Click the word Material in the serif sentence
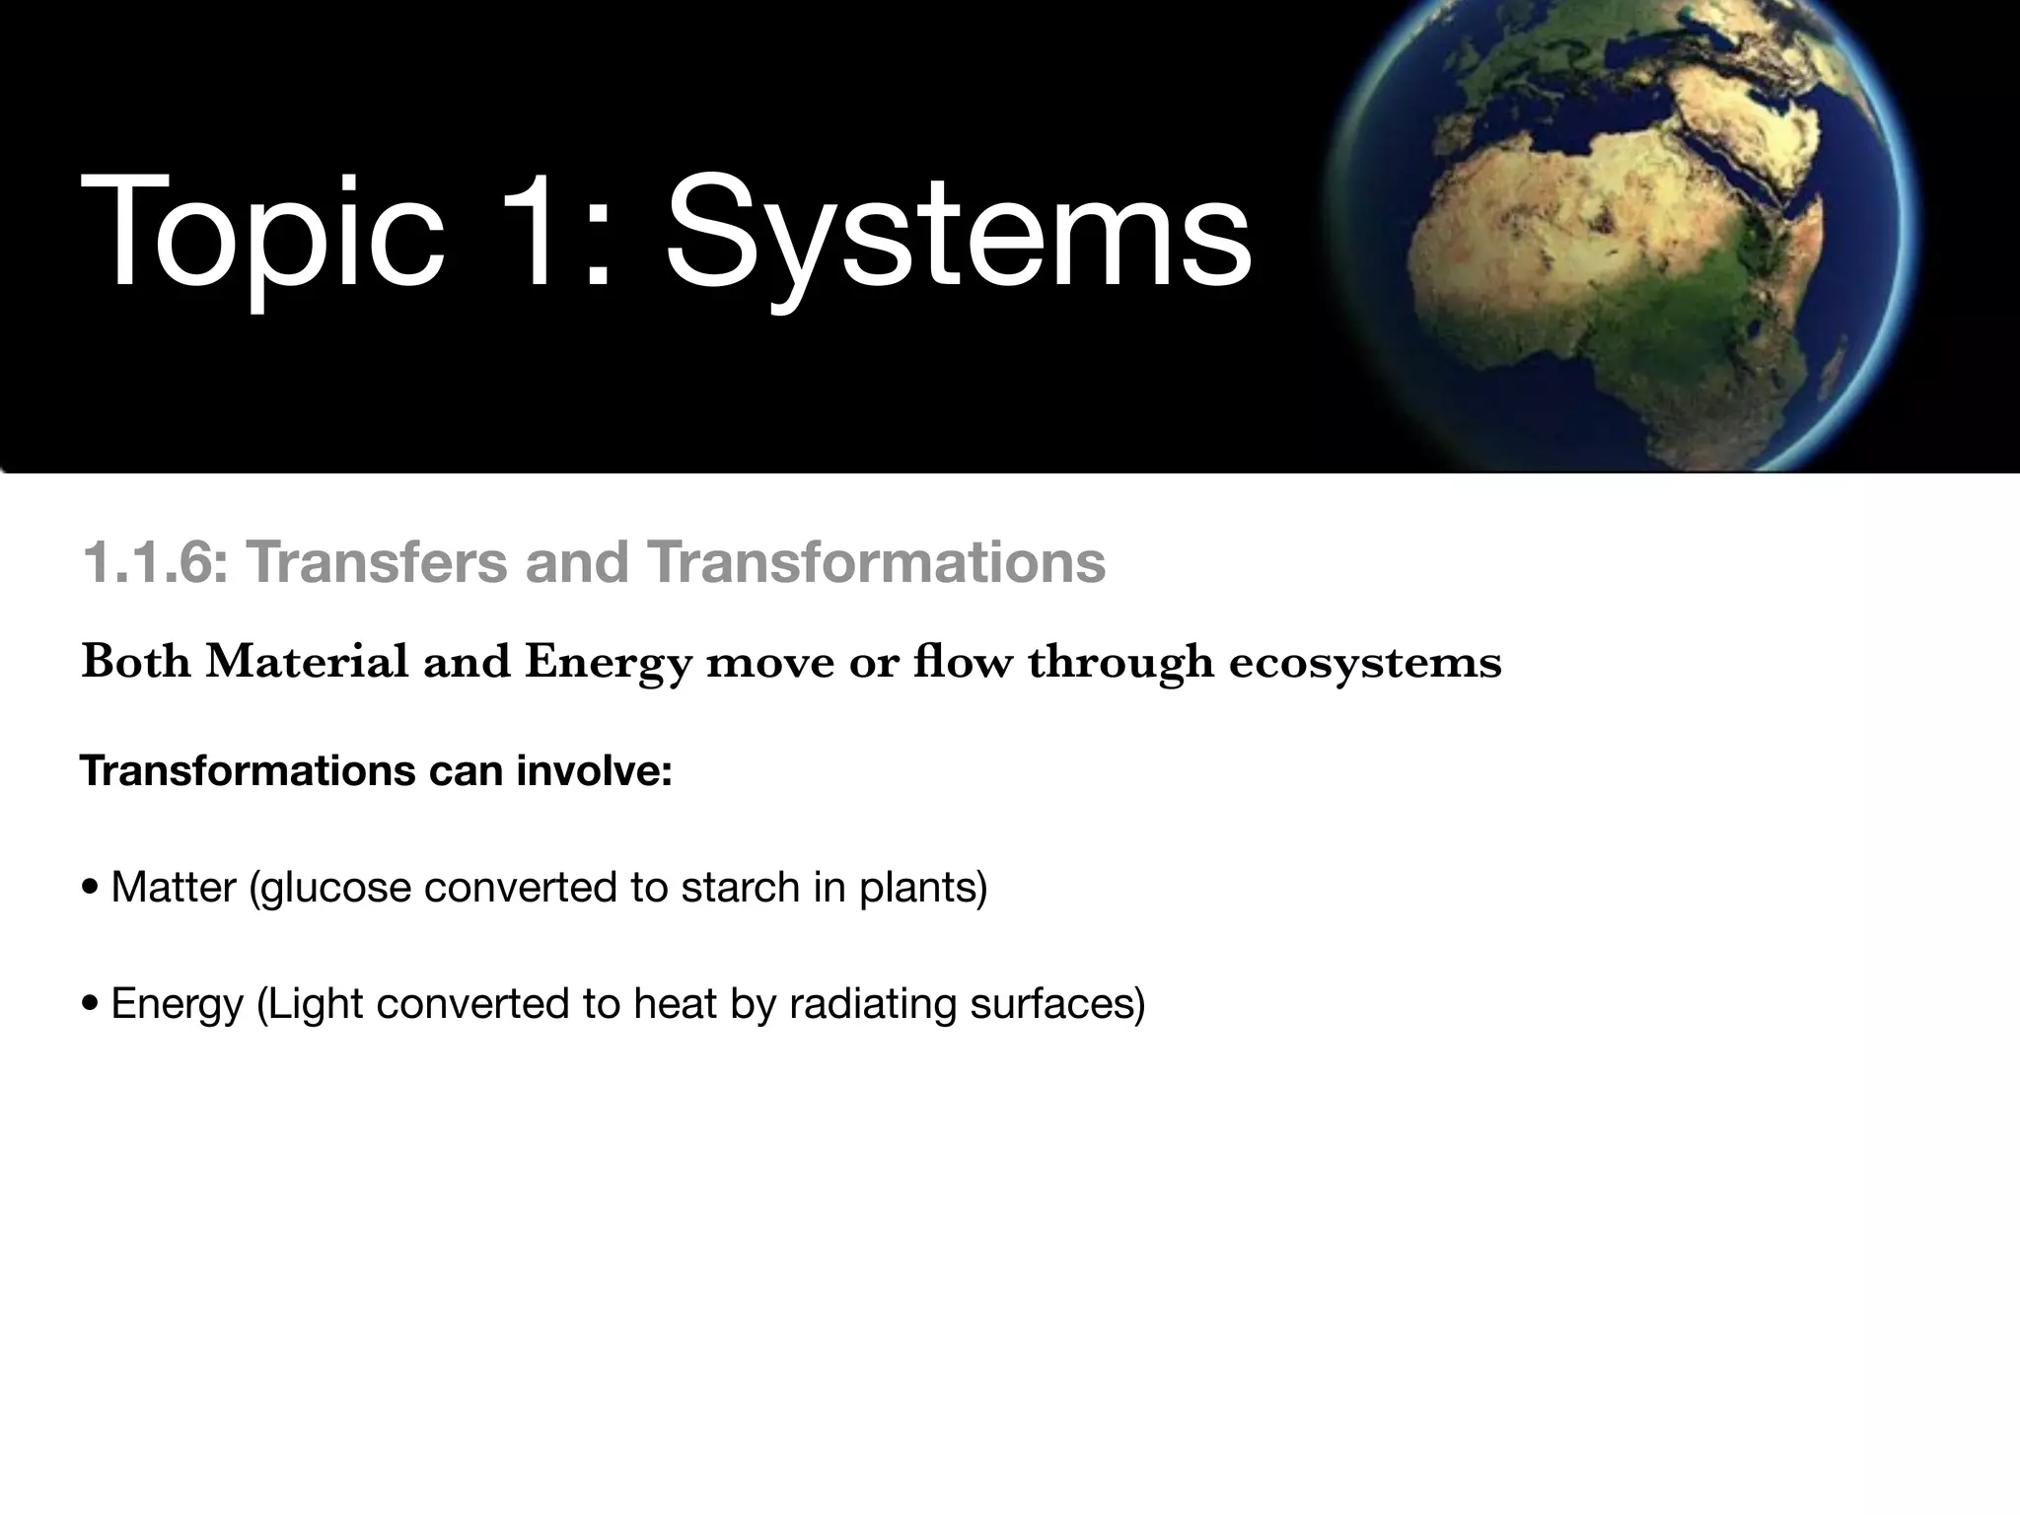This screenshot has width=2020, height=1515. (x=307, y=661)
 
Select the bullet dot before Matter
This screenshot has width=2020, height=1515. (x=91, y=888)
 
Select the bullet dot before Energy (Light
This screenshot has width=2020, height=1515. (x=91, y=1004)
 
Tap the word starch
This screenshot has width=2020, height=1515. (x=740, y=887)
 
